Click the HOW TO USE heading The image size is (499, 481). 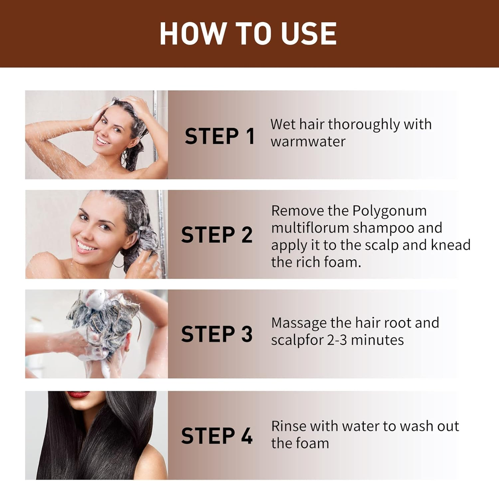coord(248,34)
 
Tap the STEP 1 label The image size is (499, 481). coord(220,136)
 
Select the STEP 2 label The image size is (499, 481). coord(217,235)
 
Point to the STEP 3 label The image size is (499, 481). coord(217,334)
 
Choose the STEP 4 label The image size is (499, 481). coord(217,436)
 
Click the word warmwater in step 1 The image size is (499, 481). coord(308,142)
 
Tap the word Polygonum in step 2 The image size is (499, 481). coord(389,211)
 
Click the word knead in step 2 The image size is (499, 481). coord(450,245)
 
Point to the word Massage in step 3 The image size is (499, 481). coord(299,323)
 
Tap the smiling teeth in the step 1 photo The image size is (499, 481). coord(103,141)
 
